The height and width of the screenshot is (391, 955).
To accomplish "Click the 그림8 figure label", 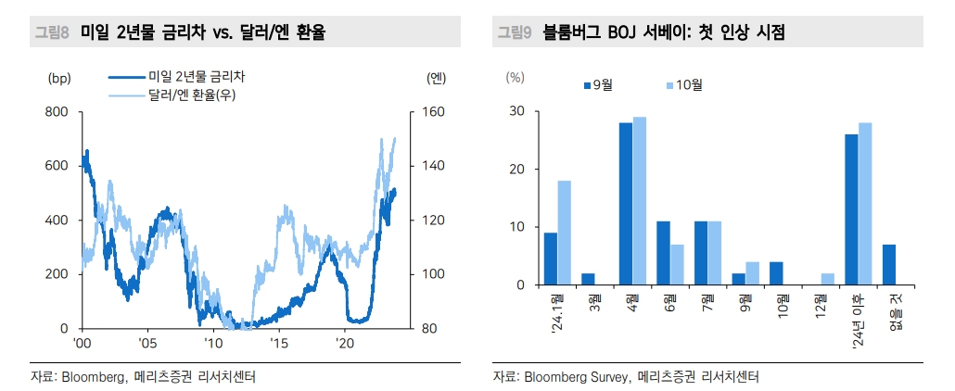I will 52,33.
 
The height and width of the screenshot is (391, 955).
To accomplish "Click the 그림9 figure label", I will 515,33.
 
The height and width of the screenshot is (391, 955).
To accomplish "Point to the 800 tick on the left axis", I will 57,112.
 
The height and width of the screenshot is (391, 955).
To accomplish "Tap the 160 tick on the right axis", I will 435,112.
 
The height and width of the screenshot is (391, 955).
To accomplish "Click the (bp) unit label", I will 58,79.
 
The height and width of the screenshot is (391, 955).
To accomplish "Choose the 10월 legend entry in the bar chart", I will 685,85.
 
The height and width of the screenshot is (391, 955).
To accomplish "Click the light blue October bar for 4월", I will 640,201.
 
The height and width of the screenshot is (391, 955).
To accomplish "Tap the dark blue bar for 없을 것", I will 889,265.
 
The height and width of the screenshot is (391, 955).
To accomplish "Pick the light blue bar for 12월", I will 827,279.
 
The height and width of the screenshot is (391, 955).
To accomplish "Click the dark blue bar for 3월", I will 588,279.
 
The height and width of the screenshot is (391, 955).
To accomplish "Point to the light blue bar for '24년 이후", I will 865,204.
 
